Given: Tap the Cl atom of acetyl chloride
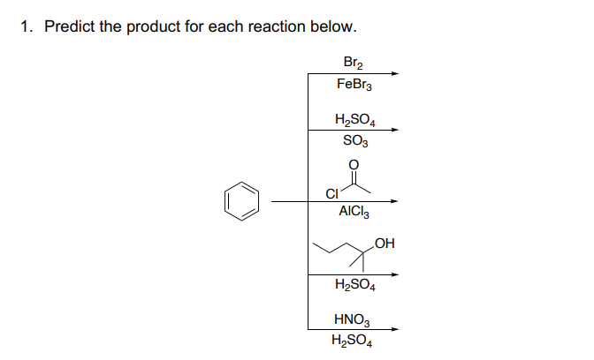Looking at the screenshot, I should [x=332, y=194].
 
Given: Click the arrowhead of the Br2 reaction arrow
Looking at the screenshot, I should [x=394, y=74].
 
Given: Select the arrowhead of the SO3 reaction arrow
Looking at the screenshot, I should [x=394, y=130].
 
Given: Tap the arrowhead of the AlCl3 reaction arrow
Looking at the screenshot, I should [x=394, y=201].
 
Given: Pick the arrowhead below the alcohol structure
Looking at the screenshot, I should [x=394, y=274].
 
